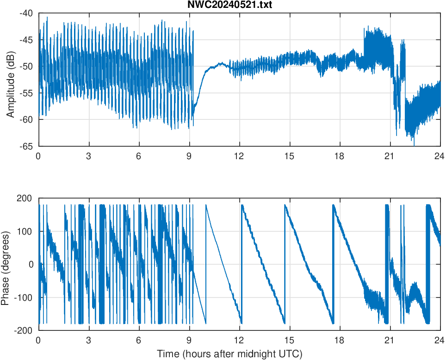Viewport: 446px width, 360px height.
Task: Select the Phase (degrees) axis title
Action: coord(6,264)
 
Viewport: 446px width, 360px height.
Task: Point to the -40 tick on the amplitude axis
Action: coord(26,13)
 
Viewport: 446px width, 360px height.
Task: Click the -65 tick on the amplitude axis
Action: coord(26,146)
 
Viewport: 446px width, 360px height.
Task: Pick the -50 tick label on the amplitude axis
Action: coord(26,66)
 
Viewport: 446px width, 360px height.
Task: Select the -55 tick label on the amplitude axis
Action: coord(26,93)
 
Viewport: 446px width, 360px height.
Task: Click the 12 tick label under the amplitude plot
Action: coord(239,156)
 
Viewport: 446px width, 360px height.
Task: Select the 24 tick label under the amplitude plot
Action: coord(440,156)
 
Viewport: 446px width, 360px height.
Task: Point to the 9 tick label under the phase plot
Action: coord(189,340)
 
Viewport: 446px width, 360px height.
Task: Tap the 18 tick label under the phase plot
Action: coord(340,340)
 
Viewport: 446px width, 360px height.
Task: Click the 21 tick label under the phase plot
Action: coord(390,340)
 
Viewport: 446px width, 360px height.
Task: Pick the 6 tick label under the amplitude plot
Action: coord(139,156)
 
